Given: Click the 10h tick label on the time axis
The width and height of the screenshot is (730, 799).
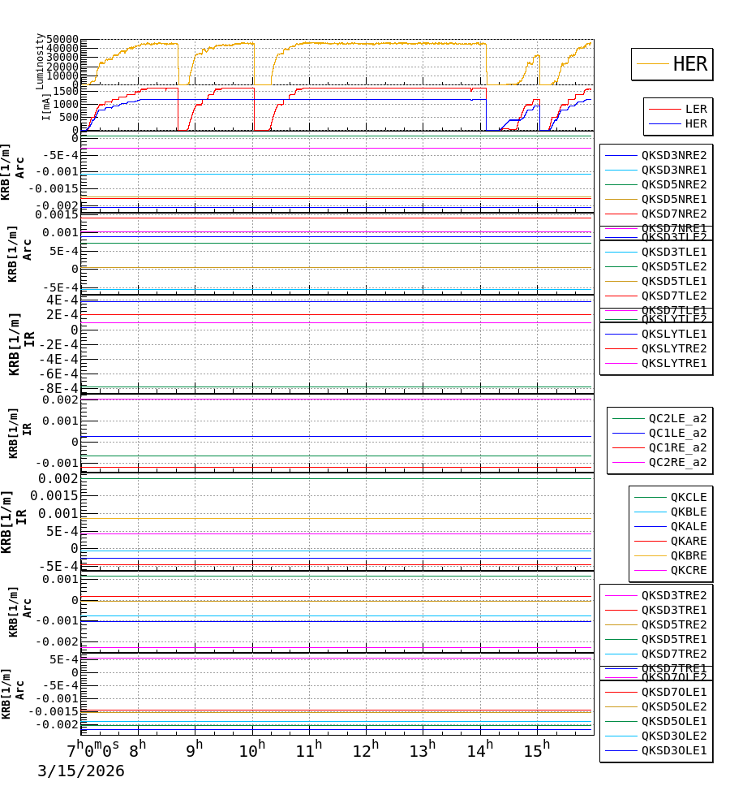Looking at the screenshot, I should (252, 751).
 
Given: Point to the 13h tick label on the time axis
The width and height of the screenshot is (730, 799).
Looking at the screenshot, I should (423, 751).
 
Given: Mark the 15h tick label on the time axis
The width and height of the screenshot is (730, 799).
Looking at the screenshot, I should (536, 751).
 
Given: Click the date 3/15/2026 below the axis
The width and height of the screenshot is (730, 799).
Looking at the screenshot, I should (81, 771).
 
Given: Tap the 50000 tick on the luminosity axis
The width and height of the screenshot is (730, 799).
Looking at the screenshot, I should (62, 40).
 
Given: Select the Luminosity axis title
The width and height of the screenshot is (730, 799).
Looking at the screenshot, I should (40, 61).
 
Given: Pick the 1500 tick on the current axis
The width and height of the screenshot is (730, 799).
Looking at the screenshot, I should (65, 91).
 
